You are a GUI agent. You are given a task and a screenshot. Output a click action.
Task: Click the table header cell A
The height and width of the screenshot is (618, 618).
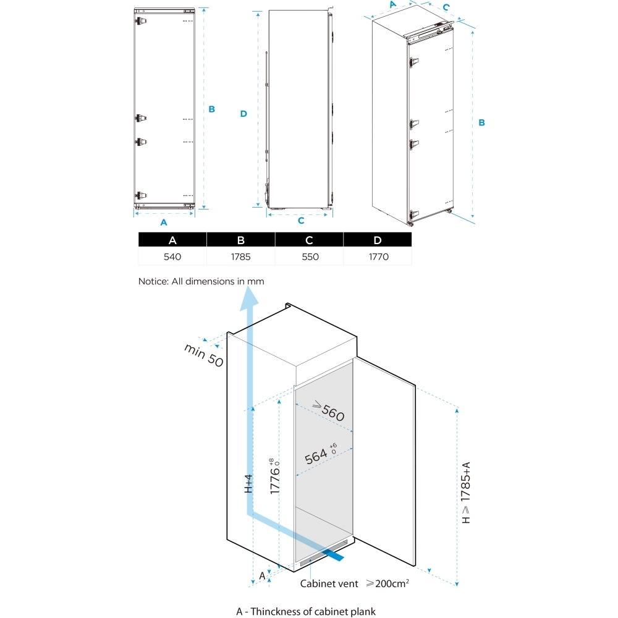coord(172,240)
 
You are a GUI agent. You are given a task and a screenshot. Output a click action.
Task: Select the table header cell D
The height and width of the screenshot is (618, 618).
coord(378,240)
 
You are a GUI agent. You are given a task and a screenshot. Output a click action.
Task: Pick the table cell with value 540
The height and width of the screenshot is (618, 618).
coord(172,256)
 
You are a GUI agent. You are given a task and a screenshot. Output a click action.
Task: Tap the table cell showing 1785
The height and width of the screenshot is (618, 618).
coord(241,256)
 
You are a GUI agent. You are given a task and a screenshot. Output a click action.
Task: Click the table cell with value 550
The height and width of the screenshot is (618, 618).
coord(309,256)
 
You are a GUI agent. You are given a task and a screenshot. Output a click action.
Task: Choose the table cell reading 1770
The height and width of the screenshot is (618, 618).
coord(378,256)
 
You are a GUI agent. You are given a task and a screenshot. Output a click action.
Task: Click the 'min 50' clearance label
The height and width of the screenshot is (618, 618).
coord(203,355)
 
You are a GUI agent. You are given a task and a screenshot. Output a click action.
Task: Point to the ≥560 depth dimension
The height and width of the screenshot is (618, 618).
coord(328,411)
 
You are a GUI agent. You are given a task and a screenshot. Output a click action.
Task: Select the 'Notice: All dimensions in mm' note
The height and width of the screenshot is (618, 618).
coord(201,281)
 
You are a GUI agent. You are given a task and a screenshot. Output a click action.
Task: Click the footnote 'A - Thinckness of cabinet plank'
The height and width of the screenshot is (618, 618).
coord(306,611)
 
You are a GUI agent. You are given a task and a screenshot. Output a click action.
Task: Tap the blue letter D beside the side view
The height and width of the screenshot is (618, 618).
coord(243,114)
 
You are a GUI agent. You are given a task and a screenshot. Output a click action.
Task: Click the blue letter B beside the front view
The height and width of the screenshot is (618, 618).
coord(211,109)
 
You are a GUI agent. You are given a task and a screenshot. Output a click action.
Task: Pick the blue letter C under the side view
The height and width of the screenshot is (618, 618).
coord(301,220)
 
